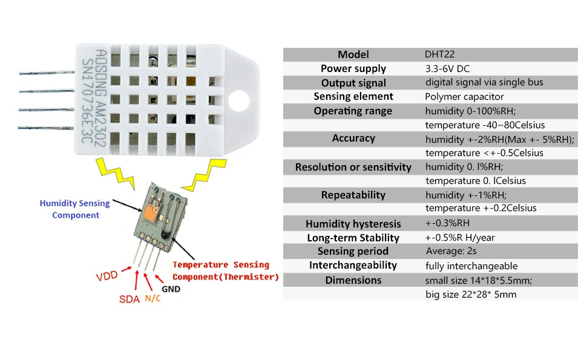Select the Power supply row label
point(353,68)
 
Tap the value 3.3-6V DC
point(452,68)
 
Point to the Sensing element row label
point(353,96)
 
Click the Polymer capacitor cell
point(465,96)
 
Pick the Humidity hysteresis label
point(353,224)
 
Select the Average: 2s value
point(453,251)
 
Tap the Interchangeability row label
point(353,265)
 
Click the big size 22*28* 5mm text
point(471,295)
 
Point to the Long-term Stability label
point(353,238)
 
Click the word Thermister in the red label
point(251,277)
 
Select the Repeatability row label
point(353,195)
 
